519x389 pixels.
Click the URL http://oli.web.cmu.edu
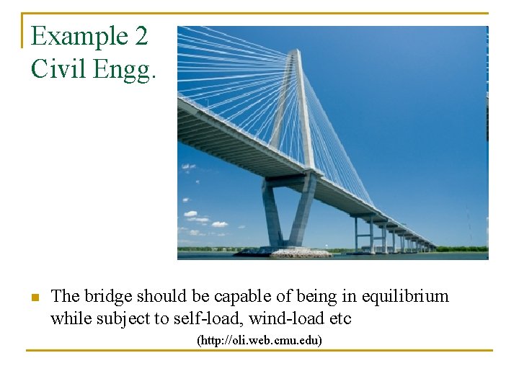pos(259,339)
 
